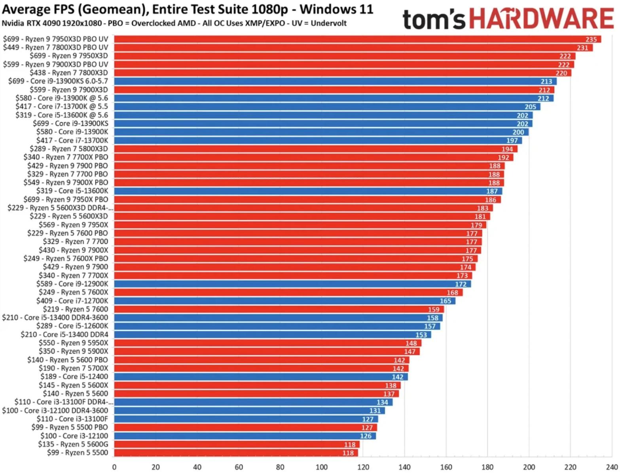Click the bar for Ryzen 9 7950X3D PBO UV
(356, 39)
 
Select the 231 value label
(582, 48)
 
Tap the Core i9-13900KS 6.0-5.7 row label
(58, 81)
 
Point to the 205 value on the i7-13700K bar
(530, 107)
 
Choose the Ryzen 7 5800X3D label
(69, 149)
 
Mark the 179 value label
(476, 225)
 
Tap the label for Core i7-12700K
(72, 301)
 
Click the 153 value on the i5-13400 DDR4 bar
(421, 335)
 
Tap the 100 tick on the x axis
(322, 467)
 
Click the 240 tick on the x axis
(611, 467)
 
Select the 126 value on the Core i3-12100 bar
(366, 436)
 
